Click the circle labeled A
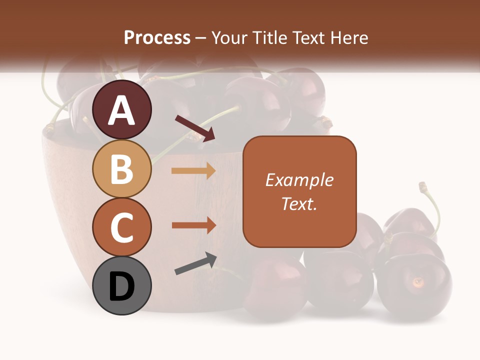coord(122,110)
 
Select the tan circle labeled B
coord(122,169)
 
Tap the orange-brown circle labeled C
coord(122,227)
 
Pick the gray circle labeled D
coord(122,286)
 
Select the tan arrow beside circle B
coord(193,171)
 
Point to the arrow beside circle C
coord(193,225)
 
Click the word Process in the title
coord(157,38)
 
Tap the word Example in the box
coord(299,180)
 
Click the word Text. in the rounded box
coord(299,203)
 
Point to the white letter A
coord(122,110)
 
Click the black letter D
coord(122,286)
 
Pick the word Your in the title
coord(229,38)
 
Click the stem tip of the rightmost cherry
coord(423,186)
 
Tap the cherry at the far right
coord(415,285)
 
